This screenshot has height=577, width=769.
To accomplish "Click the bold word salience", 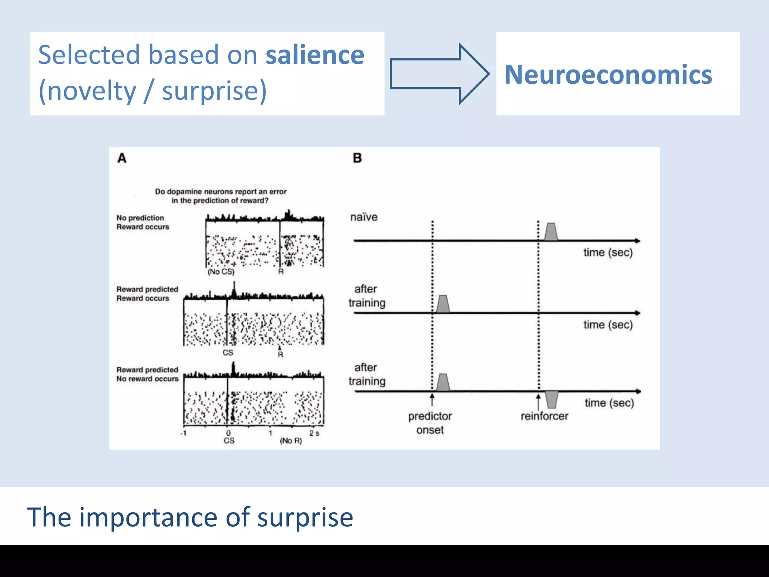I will click(315, 55).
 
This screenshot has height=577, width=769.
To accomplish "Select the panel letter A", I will click(122, 158).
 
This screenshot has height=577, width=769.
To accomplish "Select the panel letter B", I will click(357, 158).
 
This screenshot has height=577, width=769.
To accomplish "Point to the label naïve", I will click(363, 217).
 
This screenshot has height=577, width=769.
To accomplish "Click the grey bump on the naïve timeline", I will click(551, 232).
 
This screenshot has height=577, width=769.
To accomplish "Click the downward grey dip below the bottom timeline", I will click(552, 399).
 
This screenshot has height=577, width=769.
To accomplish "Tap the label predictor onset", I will click(430, 423).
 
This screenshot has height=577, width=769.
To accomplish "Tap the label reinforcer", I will click(544, 416).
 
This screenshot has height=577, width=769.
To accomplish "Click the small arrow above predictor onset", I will click(432, 399).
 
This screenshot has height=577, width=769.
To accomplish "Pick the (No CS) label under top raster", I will click(221, 272).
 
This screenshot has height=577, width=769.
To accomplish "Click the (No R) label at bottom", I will click(291, 441).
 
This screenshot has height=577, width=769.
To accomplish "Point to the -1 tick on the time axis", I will click(183, 433).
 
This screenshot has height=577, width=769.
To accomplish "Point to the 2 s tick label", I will click(314, 433).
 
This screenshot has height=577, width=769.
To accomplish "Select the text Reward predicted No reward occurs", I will click(147, 375).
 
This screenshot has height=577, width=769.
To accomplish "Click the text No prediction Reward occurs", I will click(142, 222).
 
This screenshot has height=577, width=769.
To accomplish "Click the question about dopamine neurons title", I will click(220, 196).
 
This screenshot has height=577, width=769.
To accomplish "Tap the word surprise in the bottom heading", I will click(305, 518).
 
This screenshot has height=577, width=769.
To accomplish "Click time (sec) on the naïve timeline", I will click(608, 252).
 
